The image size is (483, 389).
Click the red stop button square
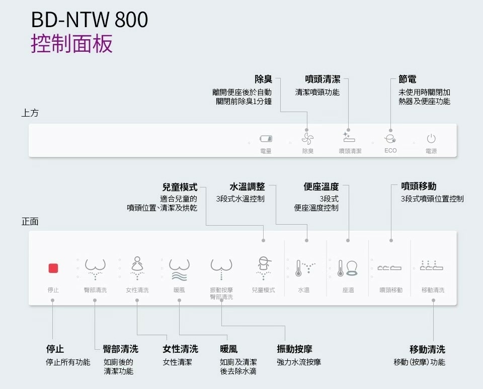click(53, 268)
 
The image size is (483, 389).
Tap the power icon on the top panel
click(431, 138)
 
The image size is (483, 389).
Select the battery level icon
click(265, 139)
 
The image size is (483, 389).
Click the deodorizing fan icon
click(307, 138)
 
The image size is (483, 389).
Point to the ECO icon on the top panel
click(390, 138)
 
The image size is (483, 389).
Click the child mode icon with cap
click(263, 267)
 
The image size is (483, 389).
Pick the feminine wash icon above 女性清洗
click(137, 267)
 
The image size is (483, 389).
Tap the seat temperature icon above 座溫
click(348, 268)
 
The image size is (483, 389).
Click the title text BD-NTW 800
click(90, 20)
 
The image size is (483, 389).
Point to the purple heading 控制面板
click(72, 44)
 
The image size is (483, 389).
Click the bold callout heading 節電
click(407, 79)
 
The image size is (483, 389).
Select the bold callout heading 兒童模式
click(180, 187)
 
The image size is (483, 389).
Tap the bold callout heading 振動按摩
click(294, 349)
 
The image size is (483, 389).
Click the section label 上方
click(30, 113)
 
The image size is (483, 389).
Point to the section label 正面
click(30, 222)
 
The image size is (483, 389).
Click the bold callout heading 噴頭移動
click(419, 186)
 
